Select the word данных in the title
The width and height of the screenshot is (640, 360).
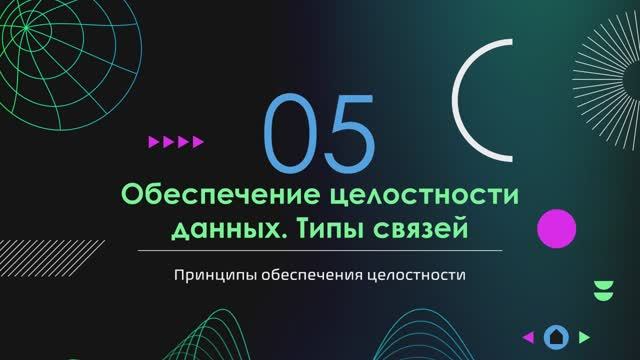[x=220, y=229]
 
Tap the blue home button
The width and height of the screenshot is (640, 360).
[x=556, y=337]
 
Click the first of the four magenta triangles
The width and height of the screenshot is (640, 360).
[x=153, y=142]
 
